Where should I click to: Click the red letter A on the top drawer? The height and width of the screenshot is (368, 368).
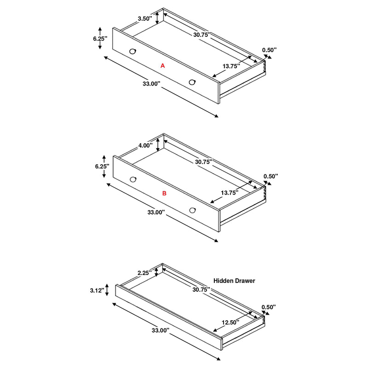[162, 66]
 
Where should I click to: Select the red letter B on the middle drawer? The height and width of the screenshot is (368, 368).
[164, 194]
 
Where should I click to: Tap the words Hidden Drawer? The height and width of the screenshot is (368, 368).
[234, 280]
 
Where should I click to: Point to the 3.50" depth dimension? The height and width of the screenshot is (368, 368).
[145, 19]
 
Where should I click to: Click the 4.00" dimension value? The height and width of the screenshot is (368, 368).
[145, 145]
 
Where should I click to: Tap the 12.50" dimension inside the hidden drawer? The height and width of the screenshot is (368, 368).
[229, 322]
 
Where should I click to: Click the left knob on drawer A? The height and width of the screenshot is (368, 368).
[133, 51]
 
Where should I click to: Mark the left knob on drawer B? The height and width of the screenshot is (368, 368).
[133, 179]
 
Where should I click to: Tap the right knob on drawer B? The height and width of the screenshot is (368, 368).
[192, 210]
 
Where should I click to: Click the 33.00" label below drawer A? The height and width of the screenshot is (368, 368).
[151, 84]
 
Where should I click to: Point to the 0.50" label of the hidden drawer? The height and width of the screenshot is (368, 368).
[268, 307]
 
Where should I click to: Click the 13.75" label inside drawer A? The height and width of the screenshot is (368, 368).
[231, 66]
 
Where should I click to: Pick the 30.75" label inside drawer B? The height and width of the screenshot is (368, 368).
[202, 162]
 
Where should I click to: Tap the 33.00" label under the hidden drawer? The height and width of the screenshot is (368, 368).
[160, 330]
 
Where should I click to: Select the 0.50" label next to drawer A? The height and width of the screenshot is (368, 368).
[270, 50]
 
